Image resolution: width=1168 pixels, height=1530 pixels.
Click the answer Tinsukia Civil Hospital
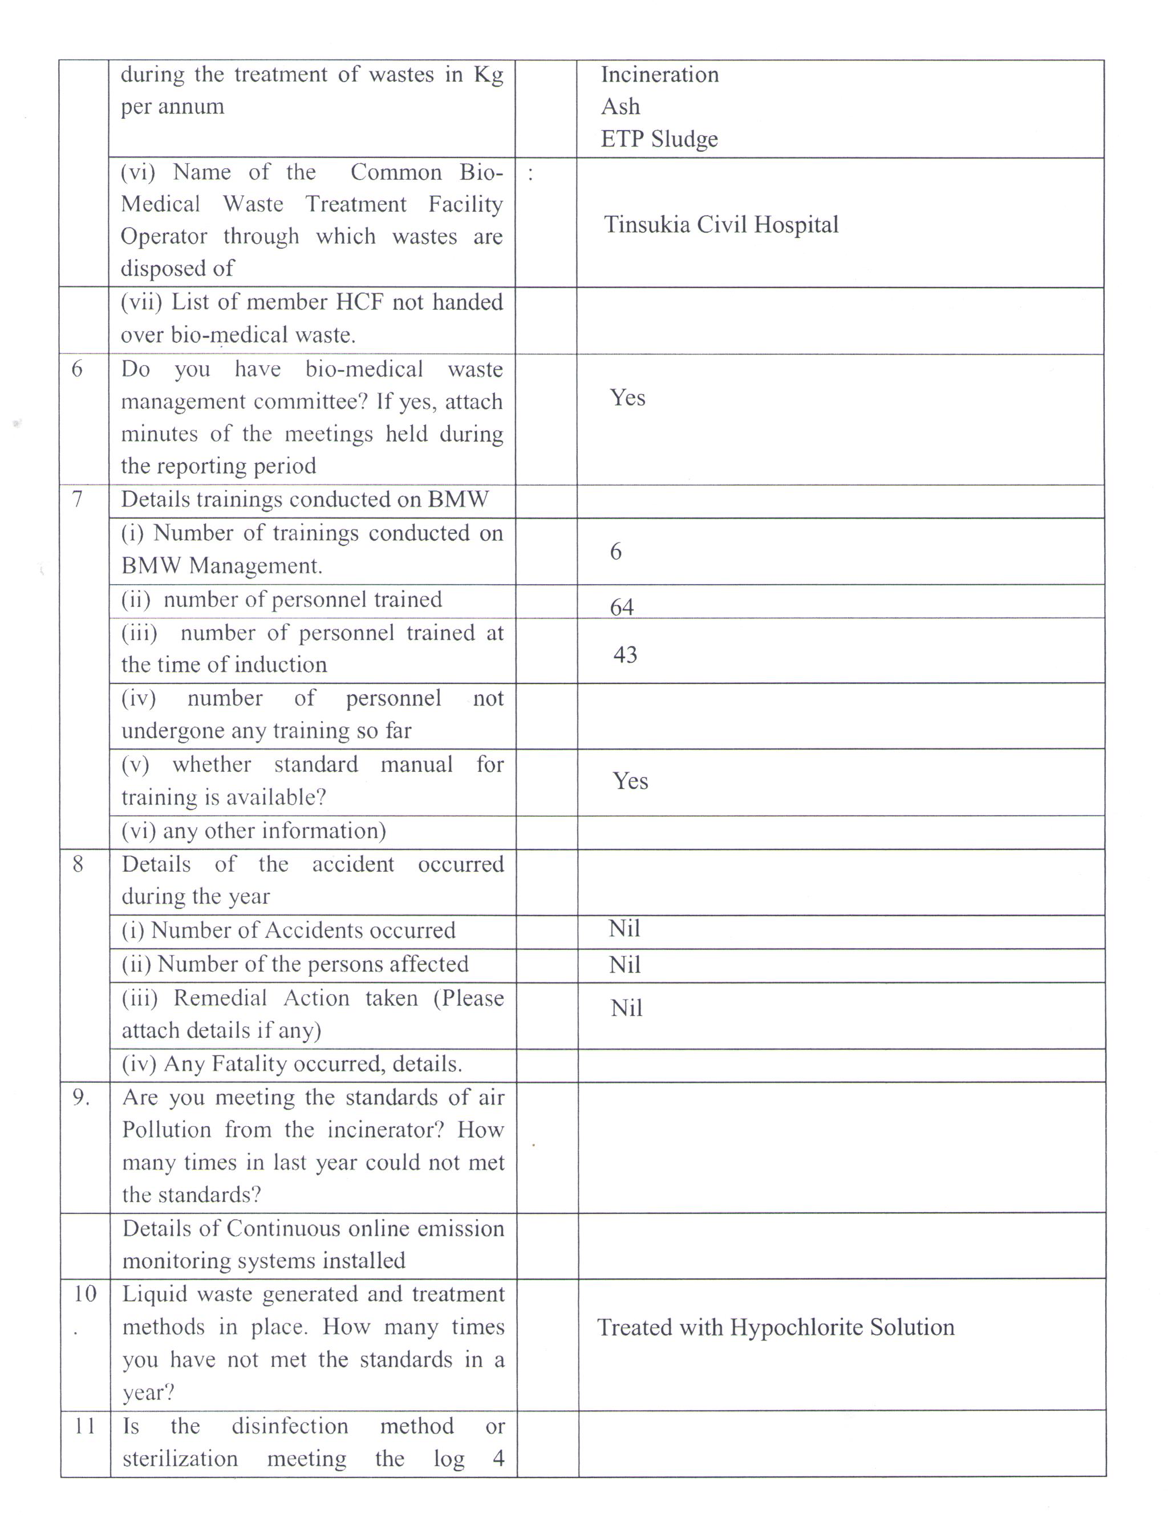click(x=721, y=225)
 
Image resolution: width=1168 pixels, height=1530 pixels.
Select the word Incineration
click(x=659, y=74)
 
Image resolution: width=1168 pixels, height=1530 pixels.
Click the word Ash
click(x=620, y=107)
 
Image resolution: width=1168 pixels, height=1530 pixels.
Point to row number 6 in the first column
click(x=76, y=369)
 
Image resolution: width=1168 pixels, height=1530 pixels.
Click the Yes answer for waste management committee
click(x=627, y=398)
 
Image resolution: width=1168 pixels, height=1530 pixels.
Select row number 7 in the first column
click(x=77, y=499)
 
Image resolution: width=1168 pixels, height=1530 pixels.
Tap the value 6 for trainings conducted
click(x=615, y=552)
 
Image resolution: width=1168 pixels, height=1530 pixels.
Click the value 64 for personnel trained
click(x=622, y=607)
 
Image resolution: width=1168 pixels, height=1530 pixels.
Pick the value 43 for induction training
click(x=625, y=654)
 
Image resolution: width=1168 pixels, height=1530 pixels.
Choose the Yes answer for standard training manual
click(x=630, y=781)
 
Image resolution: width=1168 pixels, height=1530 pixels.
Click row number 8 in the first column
click(x=78, y=864)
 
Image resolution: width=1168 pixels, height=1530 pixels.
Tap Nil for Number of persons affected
click(x=624, y=965)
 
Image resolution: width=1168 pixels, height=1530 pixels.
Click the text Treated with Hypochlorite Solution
click(x=775, y=1327)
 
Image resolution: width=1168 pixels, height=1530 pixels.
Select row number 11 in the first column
click(x=84, y=1426)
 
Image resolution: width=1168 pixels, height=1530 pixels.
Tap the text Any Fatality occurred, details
click(x=292, y=1063)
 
